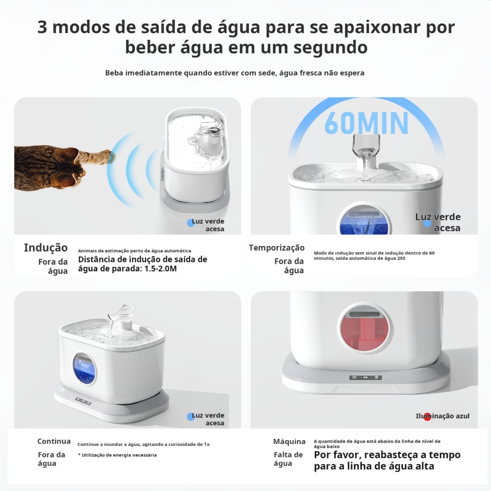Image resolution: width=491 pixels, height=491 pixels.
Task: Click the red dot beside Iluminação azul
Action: pos(427,417)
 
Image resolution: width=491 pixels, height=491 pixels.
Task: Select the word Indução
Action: pos(46,248)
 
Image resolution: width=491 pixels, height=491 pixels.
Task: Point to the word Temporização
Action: pos(277,248)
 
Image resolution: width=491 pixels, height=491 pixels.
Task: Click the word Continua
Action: pos(54,441)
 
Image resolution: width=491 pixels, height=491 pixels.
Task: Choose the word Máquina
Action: pos(289,442)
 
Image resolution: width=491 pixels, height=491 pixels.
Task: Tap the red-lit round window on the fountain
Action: pos(364,329)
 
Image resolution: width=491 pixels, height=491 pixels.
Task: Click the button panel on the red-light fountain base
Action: pos(365,377)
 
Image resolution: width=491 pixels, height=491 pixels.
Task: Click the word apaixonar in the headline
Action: pos(378,27)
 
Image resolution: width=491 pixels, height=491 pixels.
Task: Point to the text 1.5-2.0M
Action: pos(161,269)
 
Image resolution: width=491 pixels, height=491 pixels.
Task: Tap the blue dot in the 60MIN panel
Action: pos(427,223)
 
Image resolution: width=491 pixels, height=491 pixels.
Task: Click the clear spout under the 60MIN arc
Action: pos(366,153)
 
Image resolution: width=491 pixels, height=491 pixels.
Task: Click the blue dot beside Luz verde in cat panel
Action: pos(191,222)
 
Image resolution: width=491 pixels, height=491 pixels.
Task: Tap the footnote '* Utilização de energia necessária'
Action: pos(117,455)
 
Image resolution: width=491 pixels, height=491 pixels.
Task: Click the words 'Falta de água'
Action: pos(288,459)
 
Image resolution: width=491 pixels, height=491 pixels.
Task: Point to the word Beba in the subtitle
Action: pos(114,73)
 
